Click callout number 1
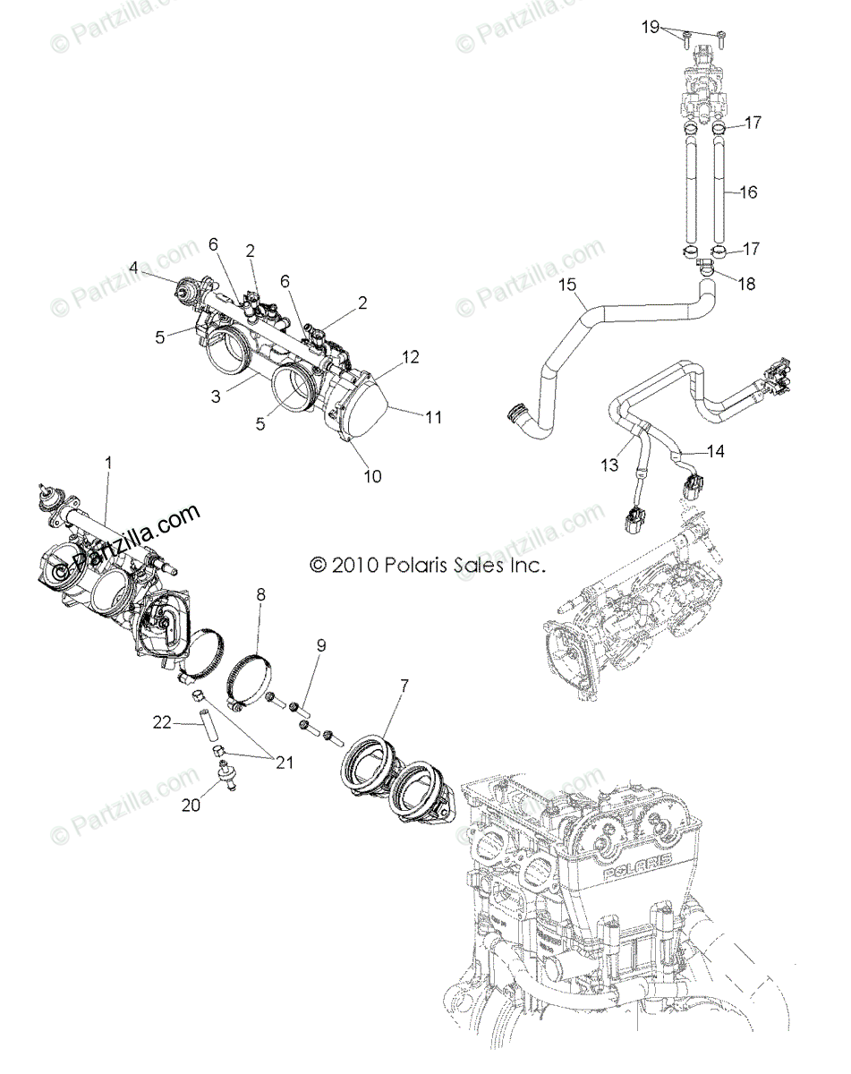pyautogui.click(x=108, y=463)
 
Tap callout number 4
pyautogui.click(x=133, y=267)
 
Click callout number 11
pyautogui.click(x=434, y=417)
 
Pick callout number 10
pyautogui.click(x=372, y=476)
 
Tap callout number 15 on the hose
pyautogui.click(x=565, y=286)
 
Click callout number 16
pyautogui.click(x=749, y=192)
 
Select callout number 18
pyautogui.click(x=746, y=284)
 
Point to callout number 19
pyautogui.click(x=651, y=27)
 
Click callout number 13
pyautogui.click(x=609, y=465)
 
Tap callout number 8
pyautogui.click(x=261, y=592)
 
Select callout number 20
pyautogui.click(x=191, y=805)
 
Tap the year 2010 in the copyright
pyautogui.click(x=355, y=565)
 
